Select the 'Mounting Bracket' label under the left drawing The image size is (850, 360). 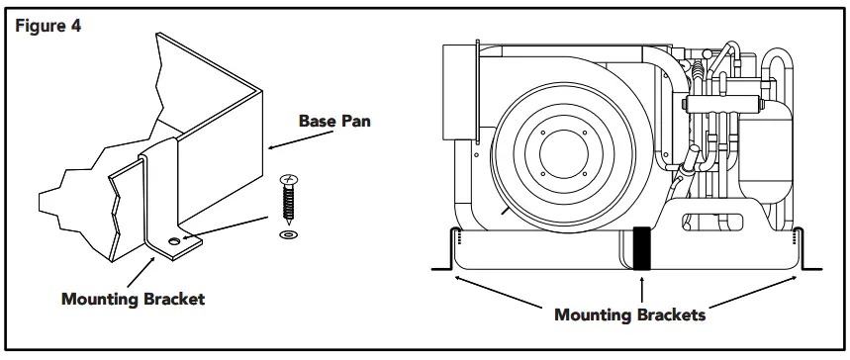point(133,299)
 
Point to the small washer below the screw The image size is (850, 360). point(288,236)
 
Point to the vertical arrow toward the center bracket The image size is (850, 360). point(642,289)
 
